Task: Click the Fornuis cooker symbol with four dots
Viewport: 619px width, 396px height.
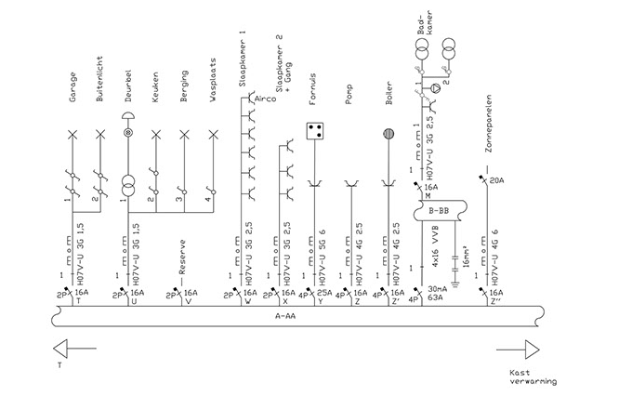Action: click(314, 129)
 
